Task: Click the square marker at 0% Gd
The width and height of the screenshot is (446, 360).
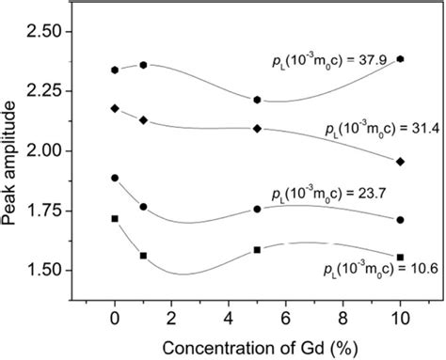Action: [115, 218]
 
